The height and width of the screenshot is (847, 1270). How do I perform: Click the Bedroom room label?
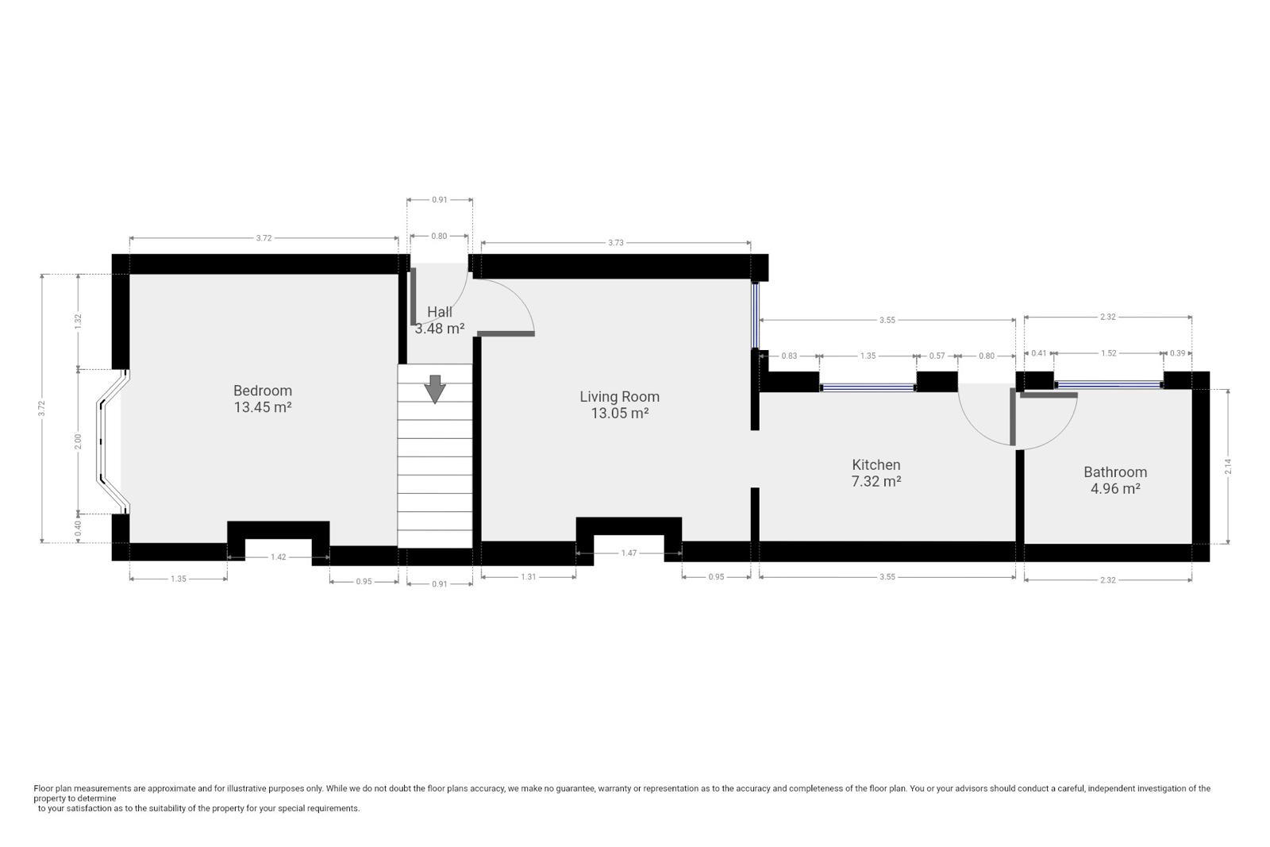point(263,391)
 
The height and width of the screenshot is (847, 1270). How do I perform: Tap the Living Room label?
point(619,397)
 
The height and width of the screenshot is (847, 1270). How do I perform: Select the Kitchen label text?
point(876,465)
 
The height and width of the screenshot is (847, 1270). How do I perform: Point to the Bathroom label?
point(1115,472)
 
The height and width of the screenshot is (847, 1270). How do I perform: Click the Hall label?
point(440,312)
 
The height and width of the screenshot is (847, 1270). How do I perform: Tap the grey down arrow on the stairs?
point(435,389)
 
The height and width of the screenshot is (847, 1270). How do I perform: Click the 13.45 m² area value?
point(263,407)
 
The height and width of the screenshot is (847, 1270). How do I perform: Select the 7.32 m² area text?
point(876,481)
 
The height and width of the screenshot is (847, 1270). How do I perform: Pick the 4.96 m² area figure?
point(1115,489)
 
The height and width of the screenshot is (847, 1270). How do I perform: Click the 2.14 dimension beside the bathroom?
point(1228,466)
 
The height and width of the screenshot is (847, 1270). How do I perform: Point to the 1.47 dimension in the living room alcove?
point(629,552)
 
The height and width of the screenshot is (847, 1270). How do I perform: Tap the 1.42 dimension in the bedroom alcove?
point(278,557)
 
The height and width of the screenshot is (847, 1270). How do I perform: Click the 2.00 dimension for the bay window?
point(79,441)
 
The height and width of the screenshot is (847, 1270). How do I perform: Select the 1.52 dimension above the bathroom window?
point(1108,353)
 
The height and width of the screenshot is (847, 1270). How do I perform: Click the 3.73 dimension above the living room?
point(616,243)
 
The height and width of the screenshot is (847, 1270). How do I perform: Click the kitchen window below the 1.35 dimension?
point(868,388)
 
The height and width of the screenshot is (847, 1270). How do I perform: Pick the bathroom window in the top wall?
point(1108,384)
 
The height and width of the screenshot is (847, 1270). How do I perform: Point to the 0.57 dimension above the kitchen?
point(937,356)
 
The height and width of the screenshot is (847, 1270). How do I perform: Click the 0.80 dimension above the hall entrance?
point(439,236)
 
